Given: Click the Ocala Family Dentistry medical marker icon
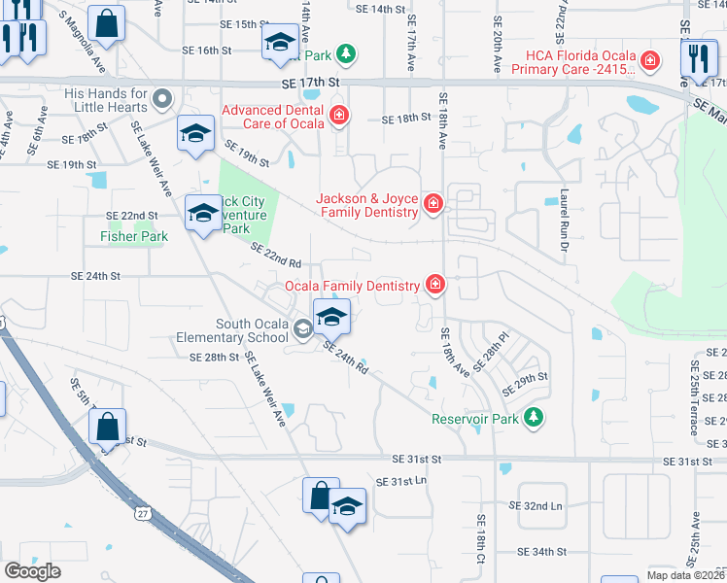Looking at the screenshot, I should click(435, 285).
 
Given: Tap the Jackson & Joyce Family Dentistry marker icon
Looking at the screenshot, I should click(433, 204).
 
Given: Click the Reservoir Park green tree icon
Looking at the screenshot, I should click(532, 418).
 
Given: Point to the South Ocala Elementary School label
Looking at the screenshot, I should click(252, 331).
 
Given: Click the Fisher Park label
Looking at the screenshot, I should click(134, 236).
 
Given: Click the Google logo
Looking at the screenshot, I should click(32, 571).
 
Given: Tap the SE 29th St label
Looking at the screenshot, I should click(526, 383).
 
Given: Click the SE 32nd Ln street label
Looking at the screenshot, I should click(536, 506).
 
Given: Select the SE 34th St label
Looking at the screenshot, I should click(542, 551).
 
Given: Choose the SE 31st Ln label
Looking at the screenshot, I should click(401, 481).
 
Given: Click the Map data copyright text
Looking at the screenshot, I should click(686, 575).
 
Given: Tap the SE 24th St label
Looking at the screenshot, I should click(95, 276).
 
